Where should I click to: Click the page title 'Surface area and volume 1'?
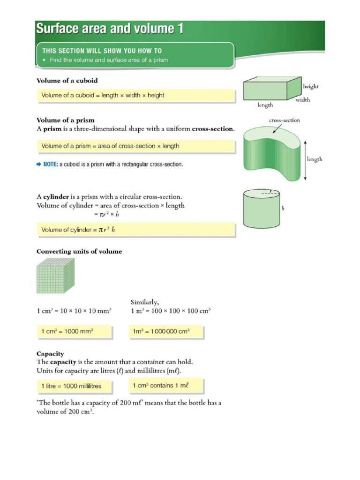tap(110, 29)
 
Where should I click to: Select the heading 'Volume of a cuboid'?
tap(67, 81)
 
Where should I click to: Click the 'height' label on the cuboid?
tap(311, 86)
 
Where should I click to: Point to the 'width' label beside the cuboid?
tap(302, 99)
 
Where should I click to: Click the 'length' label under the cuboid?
tap(265, 105)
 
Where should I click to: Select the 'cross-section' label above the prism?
tap(284, 120)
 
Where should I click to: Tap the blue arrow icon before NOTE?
tap(39, 165)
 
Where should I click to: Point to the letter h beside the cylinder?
tap(283, 209)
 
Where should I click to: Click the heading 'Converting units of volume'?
tap(79, 251)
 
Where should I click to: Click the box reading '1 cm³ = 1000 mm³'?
tap(74, 331)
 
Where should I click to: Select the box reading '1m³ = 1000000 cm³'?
tap(166, 331)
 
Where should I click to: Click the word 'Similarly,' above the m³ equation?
tap(145, 302)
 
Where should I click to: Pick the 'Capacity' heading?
tap(50, 353)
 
